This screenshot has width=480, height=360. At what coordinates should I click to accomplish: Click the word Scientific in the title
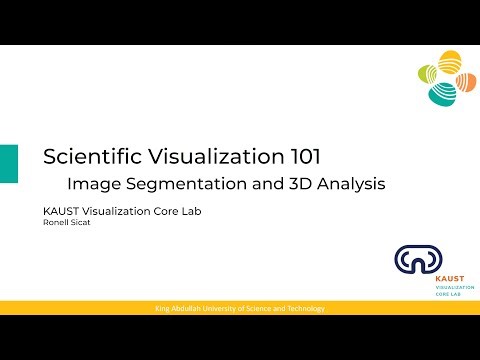tap(87, 157)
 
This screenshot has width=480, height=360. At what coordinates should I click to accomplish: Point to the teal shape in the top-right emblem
tap(441, 94)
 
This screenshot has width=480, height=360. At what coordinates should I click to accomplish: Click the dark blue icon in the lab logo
tap(411, 261)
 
